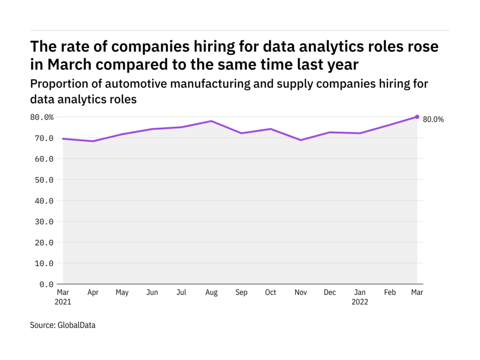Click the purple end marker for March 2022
pos(417,117)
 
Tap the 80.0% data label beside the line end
pos(433,119)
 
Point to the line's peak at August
pos(211,121)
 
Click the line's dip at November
pos(300,140)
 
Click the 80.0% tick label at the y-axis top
pos(42,117)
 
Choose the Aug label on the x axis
pos(211,292)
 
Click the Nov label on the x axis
pos(300,292)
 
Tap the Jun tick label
pos(152,292)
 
